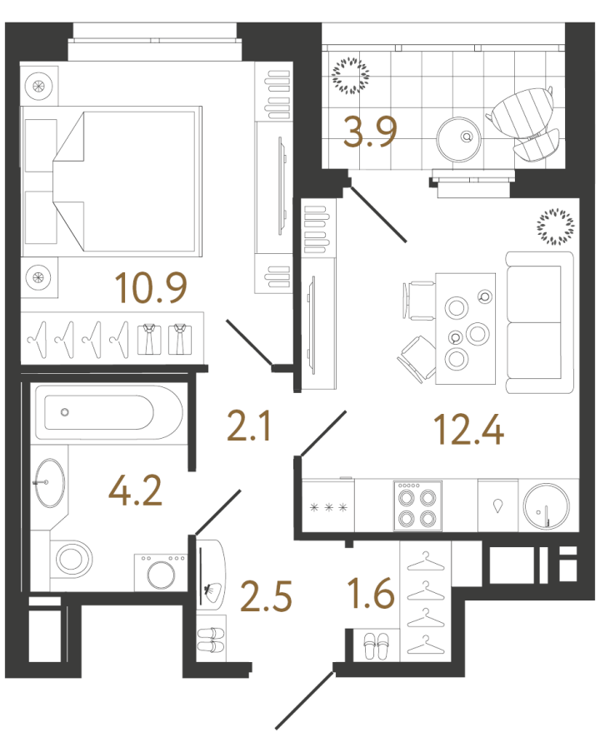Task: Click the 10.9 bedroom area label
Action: coord(151,287)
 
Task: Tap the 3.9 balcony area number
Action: coord(370,132)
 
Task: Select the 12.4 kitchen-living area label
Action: coord(469,429)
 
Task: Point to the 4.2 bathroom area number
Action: coord(136,491)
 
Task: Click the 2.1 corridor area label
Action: coord(248,426)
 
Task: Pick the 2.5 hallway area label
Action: coord(266,596)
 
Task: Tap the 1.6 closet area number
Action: coord(371,593)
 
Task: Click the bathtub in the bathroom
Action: coord(109,412)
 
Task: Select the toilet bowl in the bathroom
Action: coord(72,560)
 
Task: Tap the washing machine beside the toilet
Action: coord(160,572)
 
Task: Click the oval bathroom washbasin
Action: coord(51,483)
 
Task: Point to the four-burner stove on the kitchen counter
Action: coord(417,505)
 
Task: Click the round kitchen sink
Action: coord(546,506)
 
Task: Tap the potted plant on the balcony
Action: coord(350,75)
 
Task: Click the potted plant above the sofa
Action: coord(556,227)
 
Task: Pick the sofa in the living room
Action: coord(540,322)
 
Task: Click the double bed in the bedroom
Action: coord(111,182)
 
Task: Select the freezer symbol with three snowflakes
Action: coord(328,507)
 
